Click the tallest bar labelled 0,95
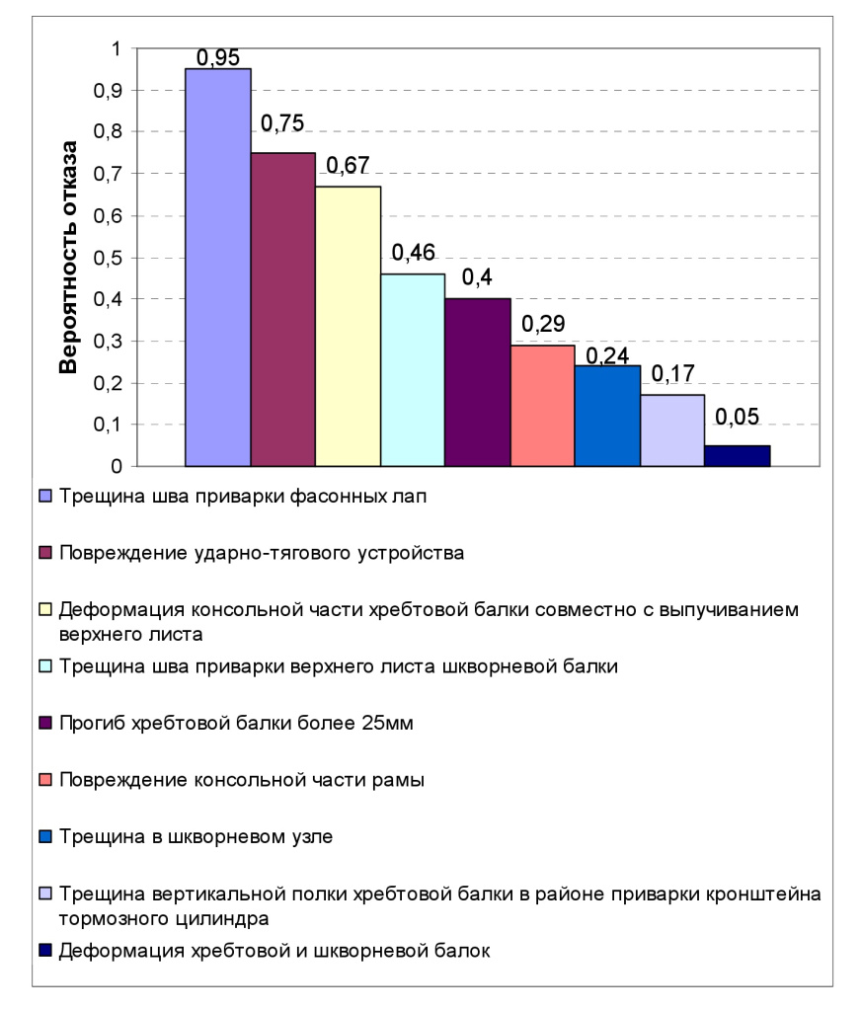coord(218,267)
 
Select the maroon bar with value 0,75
coord(283,309)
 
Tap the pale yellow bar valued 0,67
coord(348,326)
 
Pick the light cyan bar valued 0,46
coord(413,369)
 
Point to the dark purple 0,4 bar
coord(478,382)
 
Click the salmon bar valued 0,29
coord(542,405)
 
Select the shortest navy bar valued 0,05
coord(737,455)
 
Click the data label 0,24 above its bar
coord(607,355)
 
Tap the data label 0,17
coord(672,375)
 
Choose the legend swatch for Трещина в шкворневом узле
coord(44,837)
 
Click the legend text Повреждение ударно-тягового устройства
coord(261,553)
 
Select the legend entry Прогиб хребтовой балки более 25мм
coord(235,723)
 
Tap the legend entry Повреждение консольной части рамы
coord(242,780)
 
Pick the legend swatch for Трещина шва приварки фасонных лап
coord(44,496)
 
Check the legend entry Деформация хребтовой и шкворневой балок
coord(274,952)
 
